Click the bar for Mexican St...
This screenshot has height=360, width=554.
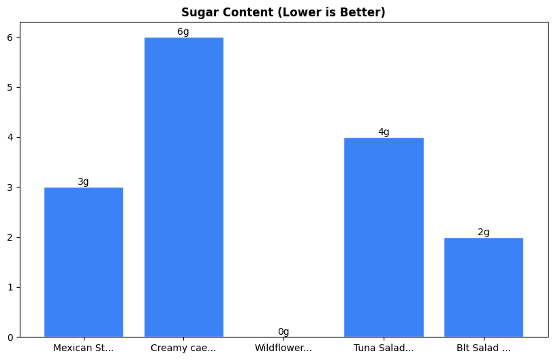tap(83, 262)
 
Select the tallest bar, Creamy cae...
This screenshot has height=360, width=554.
tap(183, 187)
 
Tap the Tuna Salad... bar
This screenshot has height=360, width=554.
tap(384, 237)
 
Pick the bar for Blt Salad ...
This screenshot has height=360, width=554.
tap(483, 287)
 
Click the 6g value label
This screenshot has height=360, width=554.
tap(183, 31)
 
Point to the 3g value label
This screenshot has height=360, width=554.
tap(83, 181)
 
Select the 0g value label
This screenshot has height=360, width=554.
tap(283, 331)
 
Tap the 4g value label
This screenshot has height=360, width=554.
tap(384, 132)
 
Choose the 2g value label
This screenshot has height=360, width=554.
tap(483, 232)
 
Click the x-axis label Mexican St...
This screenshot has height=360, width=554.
tap(83, 348)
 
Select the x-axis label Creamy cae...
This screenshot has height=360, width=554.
tap(183, 348)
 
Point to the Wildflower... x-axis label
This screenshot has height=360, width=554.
tap(283, 348)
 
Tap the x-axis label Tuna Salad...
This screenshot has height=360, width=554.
tap(384, 348)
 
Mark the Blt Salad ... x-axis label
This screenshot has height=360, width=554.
tap(483, 348)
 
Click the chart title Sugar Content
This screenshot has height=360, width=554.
tap(283, 12)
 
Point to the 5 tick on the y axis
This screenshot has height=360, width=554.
tap(10, 87)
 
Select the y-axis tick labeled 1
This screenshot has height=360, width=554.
tap(10, 287)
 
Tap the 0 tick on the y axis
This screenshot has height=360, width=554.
tap(10, 337)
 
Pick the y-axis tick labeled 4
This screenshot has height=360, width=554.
tap(10, 137)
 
